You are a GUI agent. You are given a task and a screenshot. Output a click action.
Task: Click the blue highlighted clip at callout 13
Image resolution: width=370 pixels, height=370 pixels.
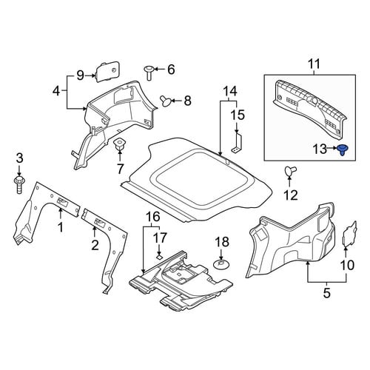point(342,149)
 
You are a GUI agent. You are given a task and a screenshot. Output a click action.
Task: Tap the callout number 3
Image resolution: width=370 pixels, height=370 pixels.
point(19,158)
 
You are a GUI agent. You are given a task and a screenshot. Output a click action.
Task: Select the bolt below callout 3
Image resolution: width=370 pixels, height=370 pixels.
point(19,184)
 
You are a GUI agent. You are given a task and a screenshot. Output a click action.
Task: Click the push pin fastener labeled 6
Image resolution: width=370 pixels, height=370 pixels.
point(149,73)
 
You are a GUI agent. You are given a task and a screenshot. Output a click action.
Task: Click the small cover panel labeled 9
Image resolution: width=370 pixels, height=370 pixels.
point(107,71)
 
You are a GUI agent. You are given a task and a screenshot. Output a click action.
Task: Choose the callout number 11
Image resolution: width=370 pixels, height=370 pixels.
point(314,64)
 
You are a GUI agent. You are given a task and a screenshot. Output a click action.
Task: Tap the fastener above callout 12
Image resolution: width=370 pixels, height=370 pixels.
point(290,171)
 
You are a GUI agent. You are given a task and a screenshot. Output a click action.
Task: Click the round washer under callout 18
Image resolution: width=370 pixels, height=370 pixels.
point(221,264)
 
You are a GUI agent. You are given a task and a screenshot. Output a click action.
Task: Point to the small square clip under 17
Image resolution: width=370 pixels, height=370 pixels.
point(159,257)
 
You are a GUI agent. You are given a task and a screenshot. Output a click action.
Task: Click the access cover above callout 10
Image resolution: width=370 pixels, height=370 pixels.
point(349,233)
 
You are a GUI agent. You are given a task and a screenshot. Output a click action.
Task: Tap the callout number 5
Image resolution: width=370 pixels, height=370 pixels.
point(326,293)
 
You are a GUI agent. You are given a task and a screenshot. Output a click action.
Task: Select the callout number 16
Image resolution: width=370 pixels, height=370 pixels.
point(152,218)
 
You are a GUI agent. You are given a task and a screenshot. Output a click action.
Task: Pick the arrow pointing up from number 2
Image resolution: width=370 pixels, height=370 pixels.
point(95,232)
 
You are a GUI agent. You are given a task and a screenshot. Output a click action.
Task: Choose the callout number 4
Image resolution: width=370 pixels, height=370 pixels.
point(56,92)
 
